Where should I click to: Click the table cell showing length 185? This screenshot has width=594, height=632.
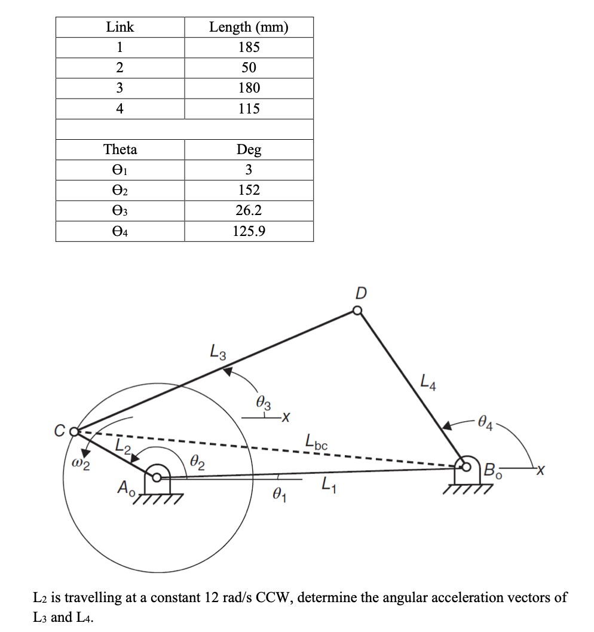point(249,47)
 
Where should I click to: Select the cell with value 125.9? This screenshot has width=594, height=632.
point(249,231)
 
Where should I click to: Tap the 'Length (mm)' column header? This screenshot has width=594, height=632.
point(249,27)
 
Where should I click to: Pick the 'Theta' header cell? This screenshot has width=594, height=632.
point(120,149)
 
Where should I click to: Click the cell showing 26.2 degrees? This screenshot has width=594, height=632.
point(249,210)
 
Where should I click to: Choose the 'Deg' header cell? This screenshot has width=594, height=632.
point(249,149)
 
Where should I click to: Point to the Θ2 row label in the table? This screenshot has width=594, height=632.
point(120,190)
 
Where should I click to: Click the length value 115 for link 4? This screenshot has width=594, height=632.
point(249,108)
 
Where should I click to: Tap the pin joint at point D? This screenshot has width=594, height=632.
point(357,311)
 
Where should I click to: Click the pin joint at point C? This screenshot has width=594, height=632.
point(74,431)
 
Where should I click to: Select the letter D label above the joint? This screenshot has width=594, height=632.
point(361,293)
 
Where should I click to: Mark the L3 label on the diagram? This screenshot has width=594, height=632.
point(218,351)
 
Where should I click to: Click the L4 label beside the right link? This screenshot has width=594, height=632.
point(428,381)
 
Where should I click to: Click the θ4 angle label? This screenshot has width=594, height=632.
point(487,425)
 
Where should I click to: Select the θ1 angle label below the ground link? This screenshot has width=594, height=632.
point(278,495)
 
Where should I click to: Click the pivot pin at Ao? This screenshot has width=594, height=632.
point(157,477)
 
